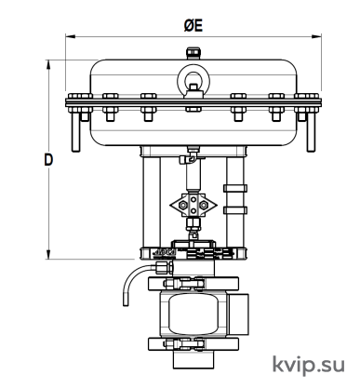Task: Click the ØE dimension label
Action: (193, 25)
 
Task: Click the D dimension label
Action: (48, 160)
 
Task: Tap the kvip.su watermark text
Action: (309, 365)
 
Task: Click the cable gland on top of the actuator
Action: (193, 53)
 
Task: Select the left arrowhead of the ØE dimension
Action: (70, 36)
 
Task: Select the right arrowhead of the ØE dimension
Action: (316, 36)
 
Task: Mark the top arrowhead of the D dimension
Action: (48, 64)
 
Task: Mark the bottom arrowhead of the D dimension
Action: (48, 254)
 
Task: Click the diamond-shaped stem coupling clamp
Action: (193, 205)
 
